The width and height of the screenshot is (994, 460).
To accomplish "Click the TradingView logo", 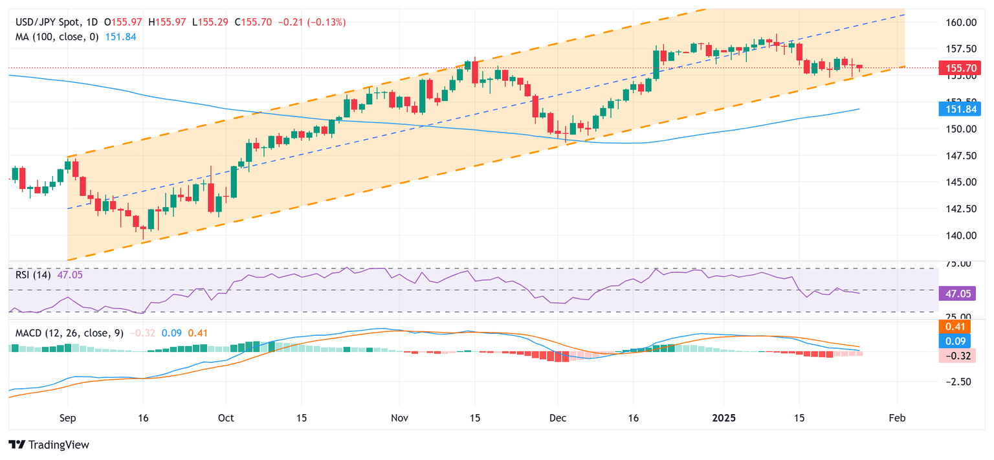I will [49, 445].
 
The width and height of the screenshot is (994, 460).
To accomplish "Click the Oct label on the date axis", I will [226, 419].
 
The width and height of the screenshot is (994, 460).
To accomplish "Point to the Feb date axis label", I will [897, 419].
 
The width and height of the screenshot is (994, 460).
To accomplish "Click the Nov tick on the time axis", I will [399, 419].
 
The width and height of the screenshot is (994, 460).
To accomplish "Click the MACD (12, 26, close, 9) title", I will [69, 333].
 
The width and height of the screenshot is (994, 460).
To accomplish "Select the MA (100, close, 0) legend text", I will [58, 37].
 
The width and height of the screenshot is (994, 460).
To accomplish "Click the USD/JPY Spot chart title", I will [49, 22].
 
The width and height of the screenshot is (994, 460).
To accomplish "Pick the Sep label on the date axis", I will [67, 419].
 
